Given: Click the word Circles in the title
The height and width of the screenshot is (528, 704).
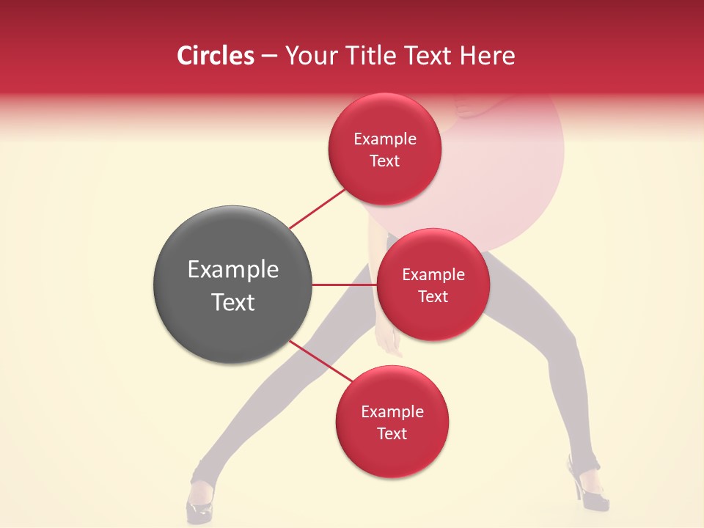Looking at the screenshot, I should point(216,56).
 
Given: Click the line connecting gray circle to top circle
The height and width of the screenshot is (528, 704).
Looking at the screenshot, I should point(318,208).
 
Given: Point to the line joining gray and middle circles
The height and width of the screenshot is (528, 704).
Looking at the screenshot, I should point(343,285).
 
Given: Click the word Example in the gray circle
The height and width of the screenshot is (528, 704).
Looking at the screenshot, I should point(233,270).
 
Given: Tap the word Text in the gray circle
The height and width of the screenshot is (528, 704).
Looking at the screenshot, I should point(233,302).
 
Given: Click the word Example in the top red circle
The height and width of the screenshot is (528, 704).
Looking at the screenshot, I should point(385,139).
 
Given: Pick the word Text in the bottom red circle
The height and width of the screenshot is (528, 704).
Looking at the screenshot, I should point(392,433).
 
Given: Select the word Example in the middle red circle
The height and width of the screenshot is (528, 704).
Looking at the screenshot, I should point(433,274).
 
